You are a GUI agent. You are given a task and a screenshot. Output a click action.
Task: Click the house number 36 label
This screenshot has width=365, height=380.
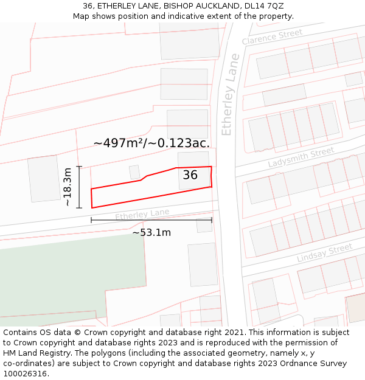point(190,175)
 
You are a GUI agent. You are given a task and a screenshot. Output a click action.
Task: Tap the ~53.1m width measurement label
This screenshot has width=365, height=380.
point(151,232)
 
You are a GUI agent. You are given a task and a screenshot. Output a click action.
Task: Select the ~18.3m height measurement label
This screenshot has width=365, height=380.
point(68,187)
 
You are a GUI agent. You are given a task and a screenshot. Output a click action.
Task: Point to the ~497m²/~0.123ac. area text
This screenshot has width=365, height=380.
point(151,143)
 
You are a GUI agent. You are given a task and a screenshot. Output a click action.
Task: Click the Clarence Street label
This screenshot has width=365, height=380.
point(272,36)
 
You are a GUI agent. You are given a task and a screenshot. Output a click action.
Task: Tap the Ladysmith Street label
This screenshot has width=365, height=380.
point(301,157)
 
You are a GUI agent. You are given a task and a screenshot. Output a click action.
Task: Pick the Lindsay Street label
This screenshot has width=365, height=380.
point(324,253)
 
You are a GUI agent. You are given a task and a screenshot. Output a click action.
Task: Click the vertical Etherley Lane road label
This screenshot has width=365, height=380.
point(228,95)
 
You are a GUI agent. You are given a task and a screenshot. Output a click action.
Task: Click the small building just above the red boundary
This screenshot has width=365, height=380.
point(134,172)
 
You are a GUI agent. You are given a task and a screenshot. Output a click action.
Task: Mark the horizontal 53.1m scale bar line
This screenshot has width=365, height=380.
point(151,220)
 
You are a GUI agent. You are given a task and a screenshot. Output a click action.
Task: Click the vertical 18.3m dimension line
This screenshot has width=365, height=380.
point(79,187)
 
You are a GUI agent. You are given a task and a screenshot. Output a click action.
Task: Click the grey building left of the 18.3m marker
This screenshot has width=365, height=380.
point(44,179)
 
